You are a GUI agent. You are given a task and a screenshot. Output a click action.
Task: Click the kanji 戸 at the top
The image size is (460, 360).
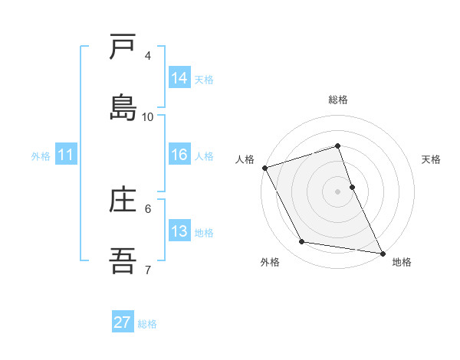click(123, 49)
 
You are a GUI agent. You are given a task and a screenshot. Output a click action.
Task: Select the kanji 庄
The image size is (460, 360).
click(123, 201)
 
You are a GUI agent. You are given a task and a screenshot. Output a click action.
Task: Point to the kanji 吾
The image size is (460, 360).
click(123, 260)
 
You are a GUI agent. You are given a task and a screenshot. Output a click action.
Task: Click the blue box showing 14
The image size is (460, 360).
click(179, 78)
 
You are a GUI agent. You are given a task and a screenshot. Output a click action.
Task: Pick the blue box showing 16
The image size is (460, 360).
click(179, 155)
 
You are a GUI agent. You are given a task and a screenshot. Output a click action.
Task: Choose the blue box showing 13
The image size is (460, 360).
click(179, 231)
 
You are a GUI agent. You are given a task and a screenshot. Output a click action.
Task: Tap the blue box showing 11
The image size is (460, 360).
click(66, 155)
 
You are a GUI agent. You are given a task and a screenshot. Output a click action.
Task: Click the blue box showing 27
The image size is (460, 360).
click(123, 322)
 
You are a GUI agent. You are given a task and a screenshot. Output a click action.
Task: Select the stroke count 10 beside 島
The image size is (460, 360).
click(148, 117)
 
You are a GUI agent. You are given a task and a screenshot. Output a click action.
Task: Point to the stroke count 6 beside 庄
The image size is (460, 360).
click(148, 208)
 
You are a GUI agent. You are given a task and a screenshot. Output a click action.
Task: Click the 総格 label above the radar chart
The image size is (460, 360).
click(338, 100)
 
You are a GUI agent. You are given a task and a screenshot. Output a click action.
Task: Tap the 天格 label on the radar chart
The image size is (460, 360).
click(432, 159)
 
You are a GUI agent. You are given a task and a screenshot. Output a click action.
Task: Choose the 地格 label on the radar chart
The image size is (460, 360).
click(402, 263)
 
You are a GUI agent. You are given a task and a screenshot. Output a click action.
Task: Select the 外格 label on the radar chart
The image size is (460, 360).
click(270, 263)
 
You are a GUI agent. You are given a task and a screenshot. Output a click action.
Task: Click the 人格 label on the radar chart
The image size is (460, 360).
click(245, 159)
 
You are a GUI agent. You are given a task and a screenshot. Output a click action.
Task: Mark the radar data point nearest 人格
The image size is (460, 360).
click(264, 168)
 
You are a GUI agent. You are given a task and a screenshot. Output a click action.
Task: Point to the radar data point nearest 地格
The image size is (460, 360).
click(382, 252)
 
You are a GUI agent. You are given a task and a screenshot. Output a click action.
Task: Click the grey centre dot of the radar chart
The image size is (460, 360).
click(338, 191)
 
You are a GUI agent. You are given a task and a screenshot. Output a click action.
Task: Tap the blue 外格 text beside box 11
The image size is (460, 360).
click(41, 155)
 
